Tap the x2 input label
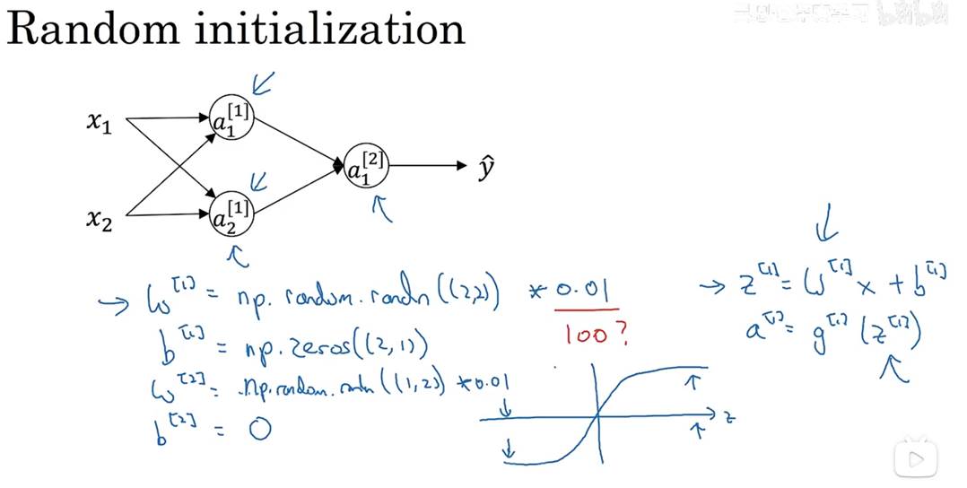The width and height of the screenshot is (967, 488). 100,218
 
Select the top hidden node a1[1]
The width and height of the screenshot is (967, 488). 231,118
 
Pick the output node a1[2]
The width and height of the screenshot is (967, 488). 366,166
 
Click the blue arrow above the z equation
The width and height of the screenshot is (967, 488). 823,231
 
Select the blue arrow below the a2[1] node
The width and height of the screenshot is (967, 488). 238,258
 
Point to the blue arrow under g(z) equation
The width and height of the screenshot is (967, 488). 893,368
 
